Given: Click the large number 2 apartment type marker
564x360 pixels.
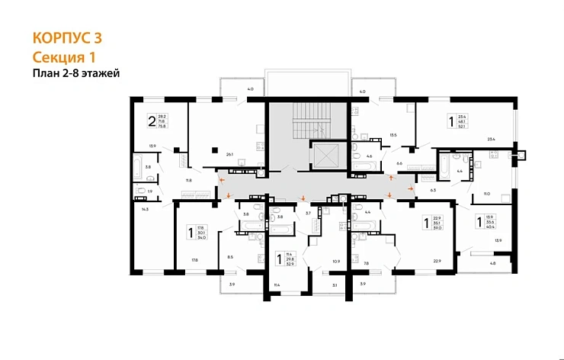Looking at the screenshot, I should (152, 120).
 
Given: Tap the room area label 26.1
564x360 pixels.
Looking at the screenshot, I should (229, 153).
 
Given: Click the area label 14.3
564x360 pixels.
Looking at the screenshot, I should (142, 208).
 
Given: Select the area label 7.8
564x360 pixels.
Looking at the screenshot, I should (366, 263).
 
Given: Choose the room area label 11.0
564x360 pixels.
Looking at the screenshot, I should (486, 194).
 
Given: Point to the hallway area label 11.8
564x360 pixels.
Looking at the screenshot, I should (187, 180).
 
